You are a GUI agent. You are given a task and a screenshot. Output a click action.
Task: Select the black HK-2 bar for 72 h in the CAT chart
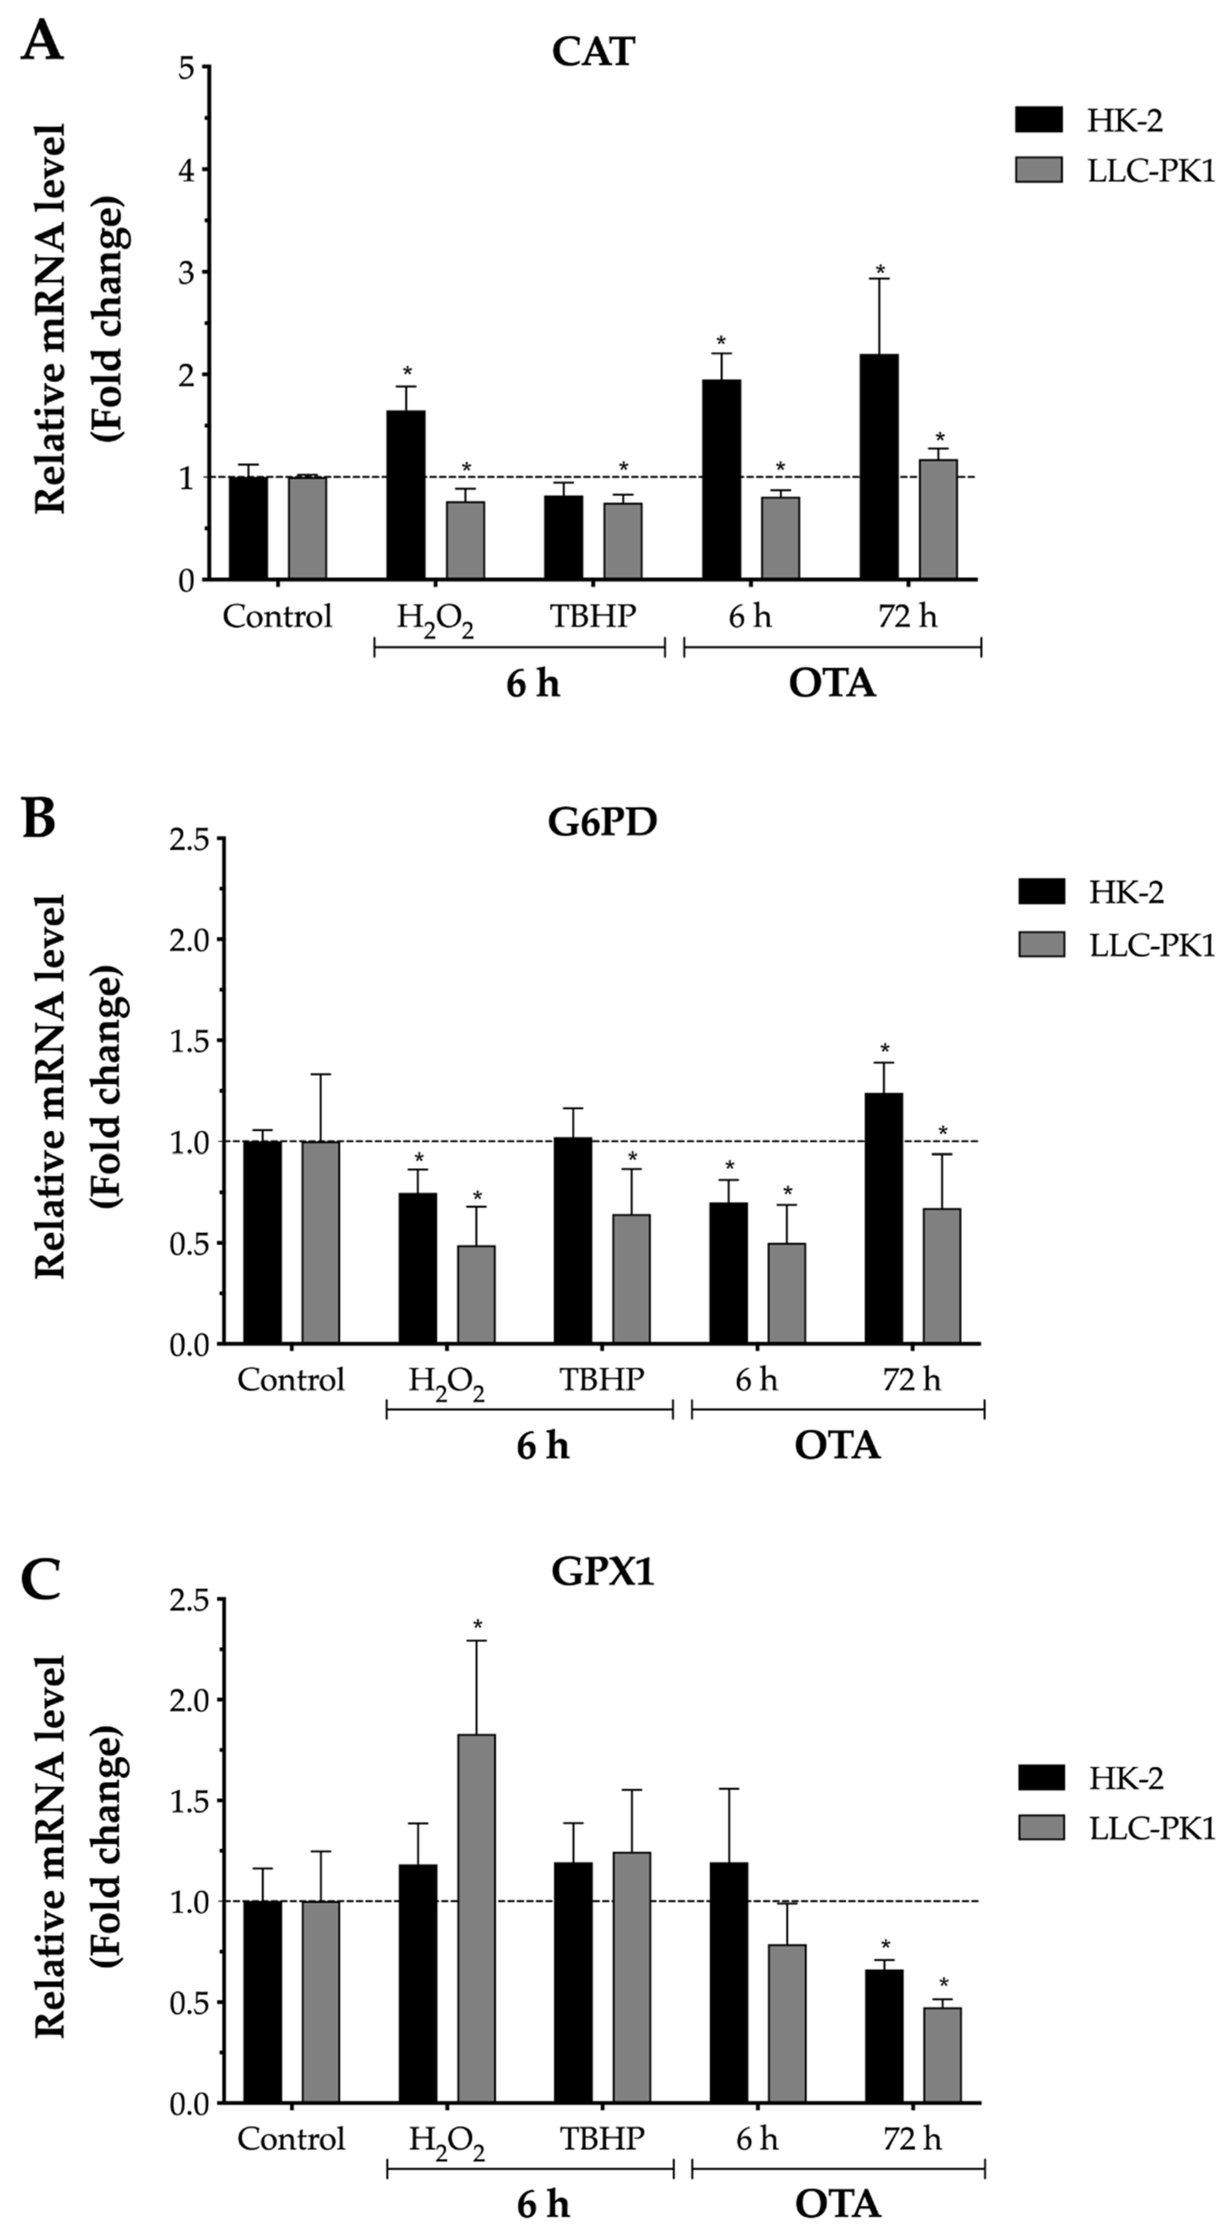(x=879, y=466)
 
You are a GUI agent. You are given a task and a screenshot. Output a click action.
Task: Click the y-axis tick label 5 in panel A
(x=186, y=68)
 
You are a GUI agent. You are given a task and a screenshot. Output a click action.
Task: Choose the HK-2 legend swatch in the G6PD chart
(x=1041, y=892)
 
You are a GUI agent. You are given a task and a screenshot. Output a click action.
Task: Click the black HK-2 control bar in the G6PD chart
(x=262, y=1242)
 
